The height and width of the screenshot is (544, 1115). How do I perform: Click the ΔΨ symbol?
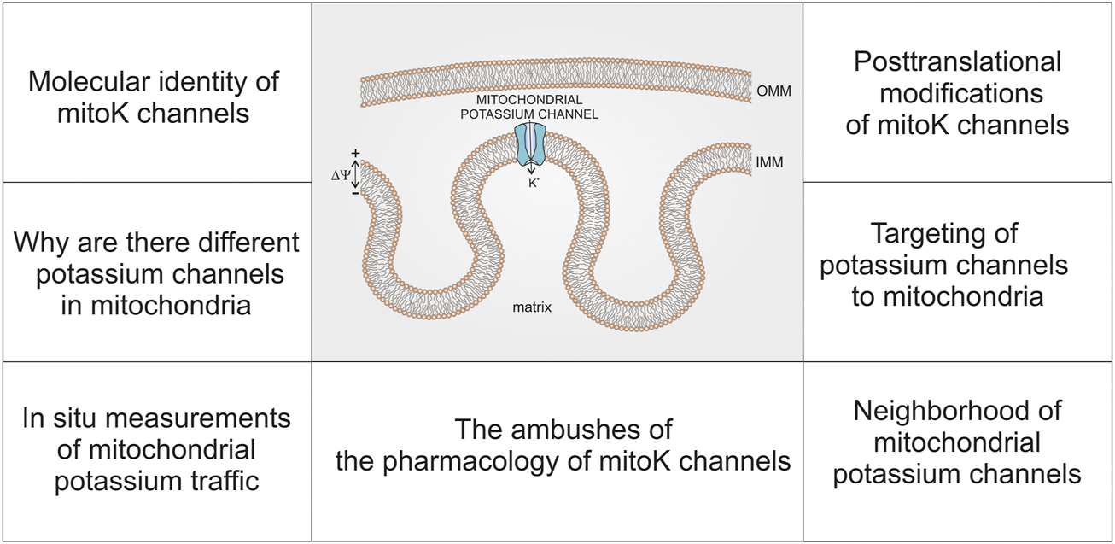click(341, 175)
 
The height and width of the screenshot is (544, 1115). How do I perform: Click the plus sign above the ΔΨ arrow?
click(356, 153)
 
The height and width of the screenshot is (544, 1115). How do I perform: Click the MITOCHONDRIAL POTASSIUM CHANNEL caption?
click(536, 108)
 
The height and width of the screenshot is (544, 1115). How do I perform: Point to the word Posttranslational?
click(957, 62)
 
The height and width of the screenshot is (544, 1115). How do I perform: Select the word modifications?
click(957, 93)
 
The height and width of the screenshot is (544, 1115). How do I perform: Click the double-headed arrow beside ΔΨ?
click(356, 174)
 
